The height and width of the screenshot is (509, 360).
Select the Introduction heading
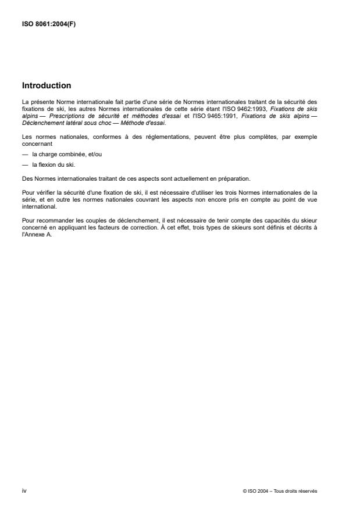coord(47,85)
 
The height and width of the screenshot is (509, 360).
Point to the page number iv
coord(24,491)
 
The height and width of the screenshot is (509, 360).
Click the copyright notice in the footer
coord(280,491)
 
